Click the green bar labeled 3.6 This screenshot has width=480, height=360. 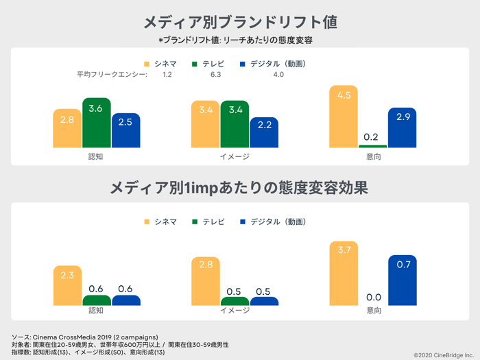(x=96, y=123)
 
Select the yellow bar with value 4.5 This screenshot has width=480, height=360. (x=344, y=117)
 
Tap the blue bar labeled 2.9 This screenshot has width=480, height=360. (x=402, y=128)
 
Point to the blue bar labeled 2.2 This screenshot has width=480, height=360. (x=264, y=132)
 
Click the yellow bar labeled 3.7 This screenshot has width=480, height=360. (x=344, y=273)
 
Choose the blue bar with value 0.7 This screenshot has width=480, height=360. (x=402, y=280)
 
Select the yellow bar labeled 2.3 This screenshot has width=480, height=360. (x=67, y=285)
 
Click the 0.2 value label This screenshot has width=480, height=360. (x=373, y=137)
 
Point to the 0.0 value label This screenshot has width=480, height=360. (x=373, y=297)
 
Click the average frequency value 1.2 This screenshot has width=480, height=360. (x=167, y=75)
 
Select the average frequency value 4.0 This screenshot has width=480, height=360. (x=278, y=75)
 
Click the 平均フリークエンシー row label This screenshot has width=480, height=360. (x=111, y=75)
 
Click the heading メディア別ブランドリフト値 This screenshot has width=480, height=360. (x=240, y=22)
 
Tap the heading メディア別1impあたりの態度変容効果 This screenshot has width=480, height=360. (x=240, y=187)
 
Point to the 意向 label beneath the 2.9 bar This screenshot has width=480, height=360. (x=373, y=156)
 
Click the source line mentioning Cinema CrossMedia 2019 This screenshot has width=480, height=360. (x=85, y=337)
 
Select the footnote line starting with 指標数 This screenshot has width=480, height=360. (x=88, y=352)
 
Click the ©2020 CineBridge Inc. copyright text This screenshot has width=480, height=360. (x=443, y=355)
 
